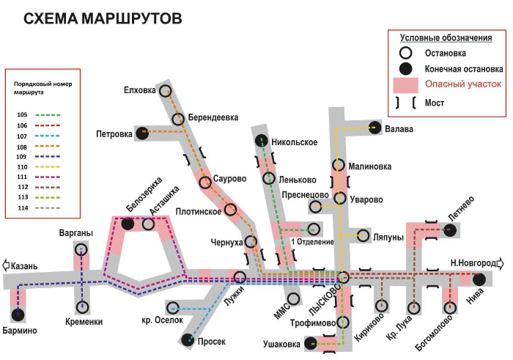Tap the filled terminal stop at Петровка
point(143,133)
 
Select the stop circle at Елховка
point(166,91)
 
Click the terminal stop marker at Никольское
point(261,140)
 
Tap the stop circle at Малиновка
point(339,166)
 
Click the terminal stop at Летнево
point(450,230)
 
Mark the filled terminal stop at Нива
point(479,279)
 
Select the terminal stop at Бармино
point(18,315)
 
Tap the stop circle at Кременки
point(82,306)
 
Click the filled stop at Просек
point(188,339)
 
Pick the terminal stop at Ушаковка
point(311,342)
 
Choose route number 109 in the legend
point(21,157)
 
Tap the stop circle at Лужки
point(240,277)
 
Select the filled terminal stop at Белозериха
point(128,224)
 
